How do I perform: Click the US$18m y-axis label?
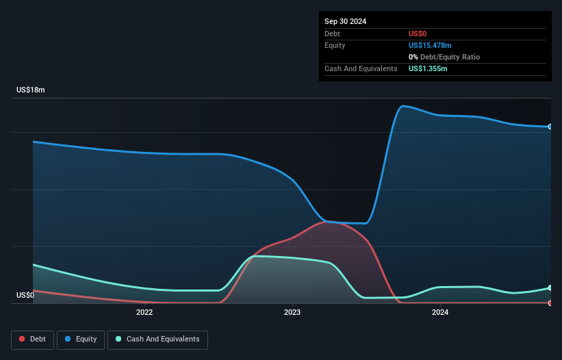[x=30, y=90]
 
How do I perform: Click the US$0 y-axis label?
[x=25, y=296]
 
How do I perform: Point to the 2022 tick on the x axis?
[x=144, y=313]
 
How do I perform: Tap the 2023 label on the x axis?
[x=292, y=313]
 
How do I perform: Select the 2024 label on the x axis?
[x=440, y=313]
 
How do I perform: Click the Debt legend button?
[x=32, y=339]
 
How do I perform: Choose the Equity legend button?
[x=81, y=339]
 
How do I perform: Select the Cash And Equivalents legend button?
[x=157, y=339]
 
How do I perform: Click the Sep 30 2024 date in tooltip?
[x=345, y=21]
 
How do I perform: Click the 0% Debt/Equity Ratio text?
[x=444, y=57]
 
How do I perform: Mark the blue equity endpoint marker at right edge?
[x=550, y=127]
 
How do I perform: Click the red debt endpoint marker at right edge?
[x=550, y=303]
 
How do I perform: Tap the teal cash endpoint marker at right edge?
[x=550, y=288]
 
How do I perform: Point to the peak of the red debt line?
[x=326, y=221]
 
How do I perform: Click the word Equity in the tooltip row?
[x=335, y=45]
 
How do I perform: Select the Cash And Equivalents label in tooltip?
[x=361, y=68]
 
